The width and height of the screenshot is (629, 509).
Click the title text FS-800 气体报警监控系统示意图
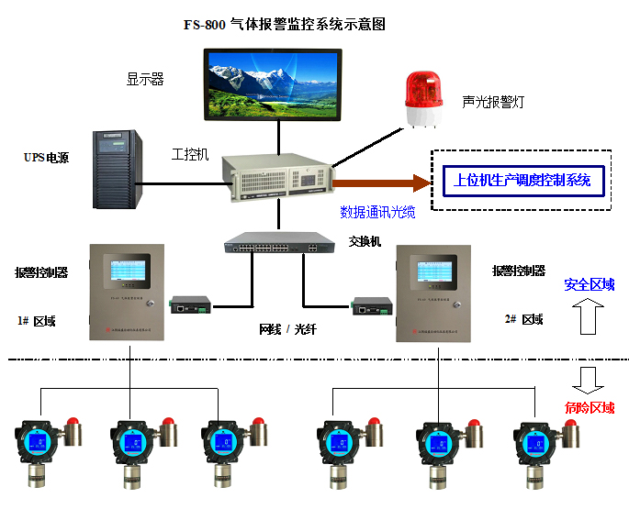(x=284, y=25)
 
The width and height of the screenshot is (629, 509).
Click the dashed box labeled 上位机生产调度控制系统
(x=521, y=181)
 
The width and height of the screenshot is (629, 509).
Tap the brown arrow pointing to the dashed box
(x=386, y=183)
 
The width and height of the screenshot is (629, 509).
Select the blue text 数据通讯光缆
(x=377, y=213)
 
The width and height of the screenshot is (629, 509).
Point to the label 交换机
(x=365, y=242)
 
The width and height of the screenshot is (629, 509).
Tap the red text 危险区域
(x=589, y=408)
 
